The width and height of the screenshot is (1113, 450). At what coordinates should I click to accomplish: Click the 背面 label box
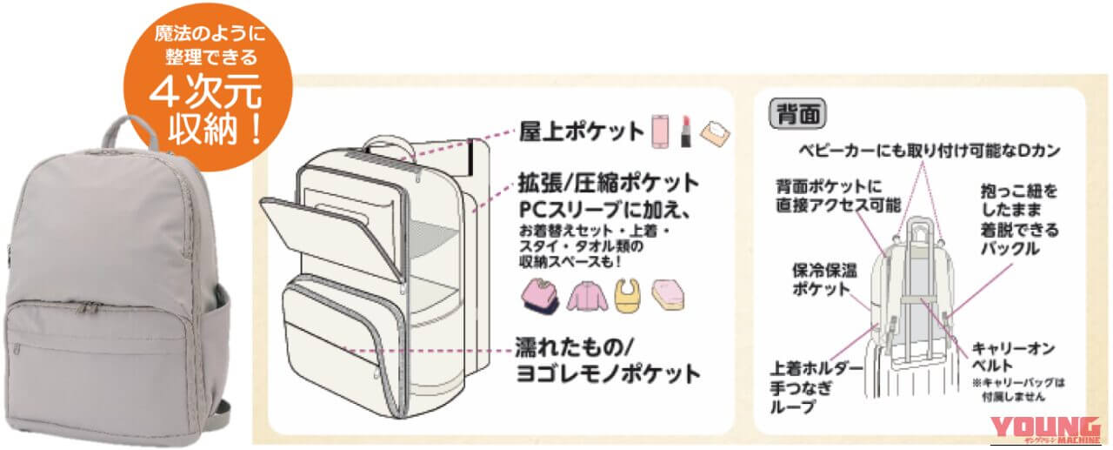click(x=797, y=114)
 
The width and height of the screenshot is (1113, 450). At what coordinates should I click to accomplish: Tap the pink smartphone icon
click(x=660, y=131)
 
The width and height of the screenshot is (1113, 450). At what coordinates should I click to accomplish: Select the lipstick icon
click(x=686, y=131)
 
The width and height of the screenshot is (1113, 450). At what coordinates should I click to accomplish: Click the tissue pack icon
click(x=716, y=134)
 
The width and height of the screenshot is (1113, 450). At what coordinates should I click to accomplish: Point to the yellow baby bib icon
click(x=628, y=295)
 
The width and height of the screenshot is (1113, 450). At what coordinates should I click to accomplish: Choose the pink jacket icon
click(x=588, y=296)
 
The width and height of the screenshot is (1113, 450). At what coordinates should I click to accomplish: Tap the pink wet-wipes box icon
click(x=668, y=295)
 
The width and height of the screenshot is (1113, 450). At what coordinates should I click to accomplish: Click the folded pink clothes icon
click(x=540, y=296)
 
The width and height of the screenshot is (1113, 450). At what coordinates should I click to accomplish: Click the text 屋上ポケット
click(x=582, y=131)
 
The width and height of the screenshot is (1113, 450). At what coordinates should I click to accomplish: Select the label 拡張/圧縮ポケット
click(x=609, y=183)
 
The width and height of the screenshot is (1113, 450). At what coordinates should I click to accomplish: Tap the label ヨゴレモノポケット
click(x=609, y=373)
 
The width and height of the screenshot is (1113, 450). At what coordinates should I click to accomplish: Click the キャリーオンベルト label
click(x=1013, y=357)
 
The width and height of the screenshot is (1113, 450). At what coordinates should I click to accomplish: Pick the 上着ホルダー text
click(x=816, y=368)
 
